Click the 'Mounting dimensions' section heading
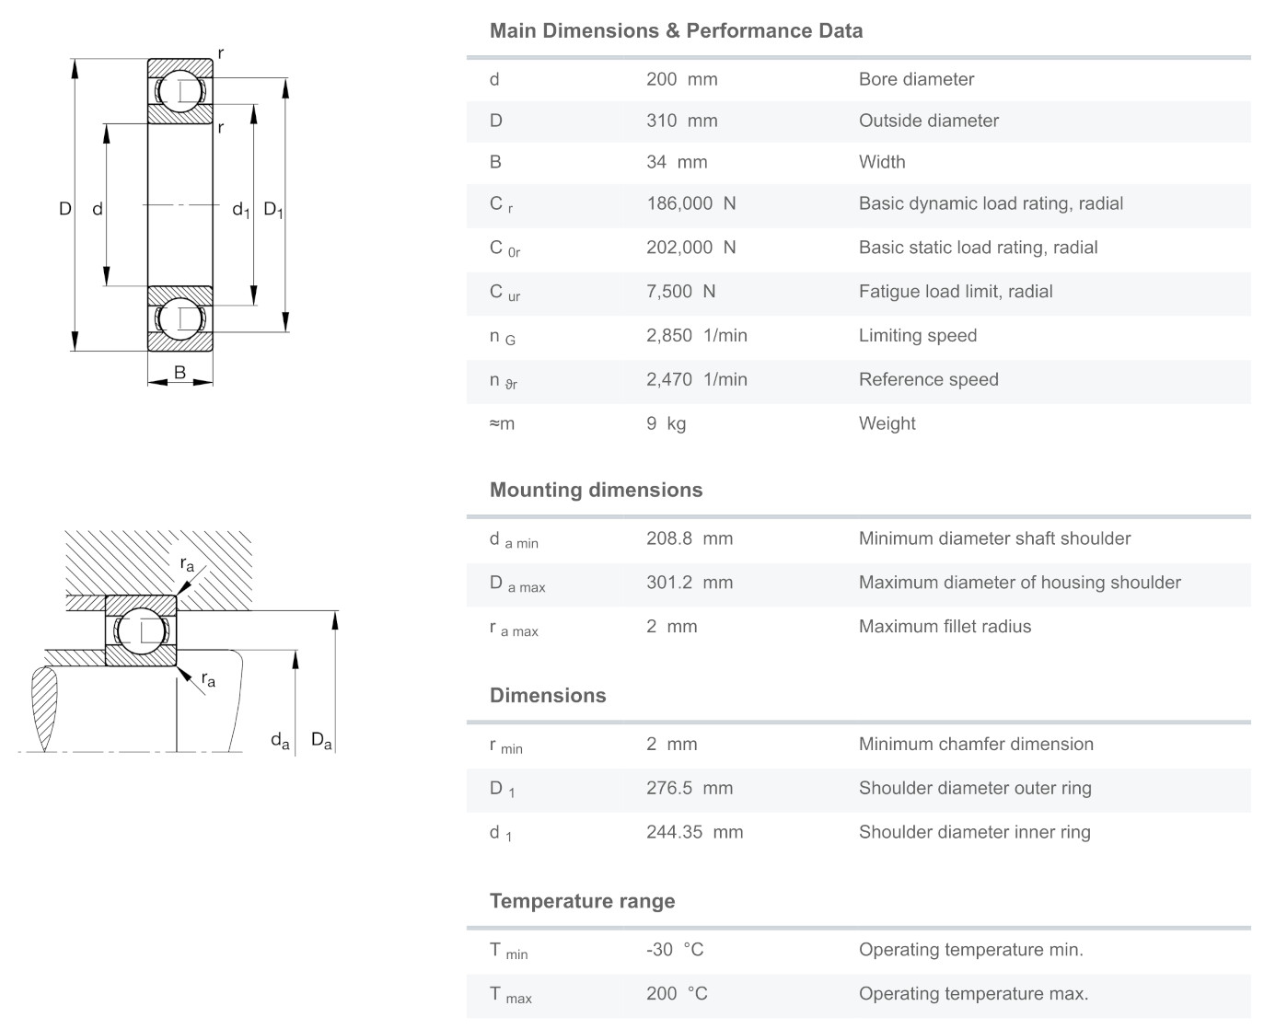point(596,490)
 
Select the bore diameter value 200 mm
point(681,79)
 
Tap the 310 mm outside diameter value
point(681,121)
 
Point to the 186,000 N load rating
point(690,203)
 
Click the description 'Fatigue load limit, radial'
point(956,292)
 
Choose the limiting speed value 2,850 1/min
point(696,336)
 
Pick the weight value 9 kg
point(666,423)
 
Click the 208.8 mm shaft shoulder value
point(689,538)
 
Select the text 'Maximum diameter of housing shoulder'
point(1019,583)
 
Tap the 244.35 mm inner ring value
point(694,832)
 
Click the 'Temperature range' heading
point(582,901)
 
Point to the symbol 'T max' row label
point(510,995)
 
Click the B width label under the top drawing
point(180,373)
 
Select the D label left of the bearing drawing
point(64,209)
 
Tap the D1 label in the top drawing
point(273,210)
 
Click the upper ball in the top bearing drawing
point(180,91)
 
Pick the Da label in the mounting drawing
point(321,740)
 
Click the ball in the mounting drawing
point(140,630)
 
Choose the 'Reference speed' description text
point(928,379)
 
